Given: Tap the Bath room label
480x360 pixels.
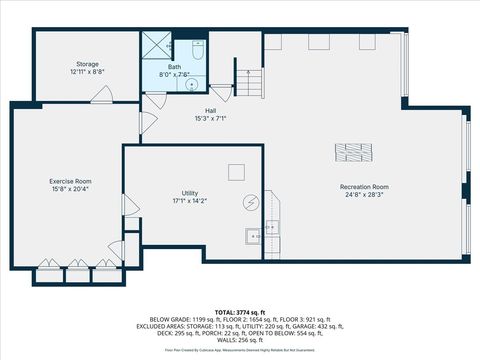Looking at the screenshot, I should [175, 67].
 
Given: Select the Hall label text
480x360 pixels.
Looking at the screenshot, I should [211, 111].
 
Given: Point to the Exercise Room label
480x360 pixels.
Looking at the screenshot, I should [70, 181].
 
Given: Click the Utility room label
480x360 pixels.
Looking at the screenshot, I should [190, 193].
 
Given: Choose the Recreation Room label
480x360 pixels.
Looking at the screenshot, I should [364, 187].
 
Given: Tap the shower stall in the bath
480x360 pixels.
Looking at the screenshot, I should [155, 44].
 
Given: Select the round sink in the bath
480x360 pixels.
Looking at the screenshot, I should [193, 85].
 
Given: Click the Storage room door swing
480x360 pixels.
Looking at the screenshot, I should [101, 95].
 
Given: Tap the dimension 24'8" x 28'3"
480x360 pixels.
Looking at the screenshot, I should [364, 195].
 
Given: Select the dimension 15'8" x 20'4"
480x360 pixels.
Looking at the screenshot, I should [70, 189].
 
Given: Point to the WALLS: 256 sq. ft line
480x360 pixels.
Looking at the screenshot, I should [240, 340].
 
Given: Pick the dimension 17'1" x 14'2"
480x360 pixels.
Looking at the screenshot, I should [190, 201].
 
